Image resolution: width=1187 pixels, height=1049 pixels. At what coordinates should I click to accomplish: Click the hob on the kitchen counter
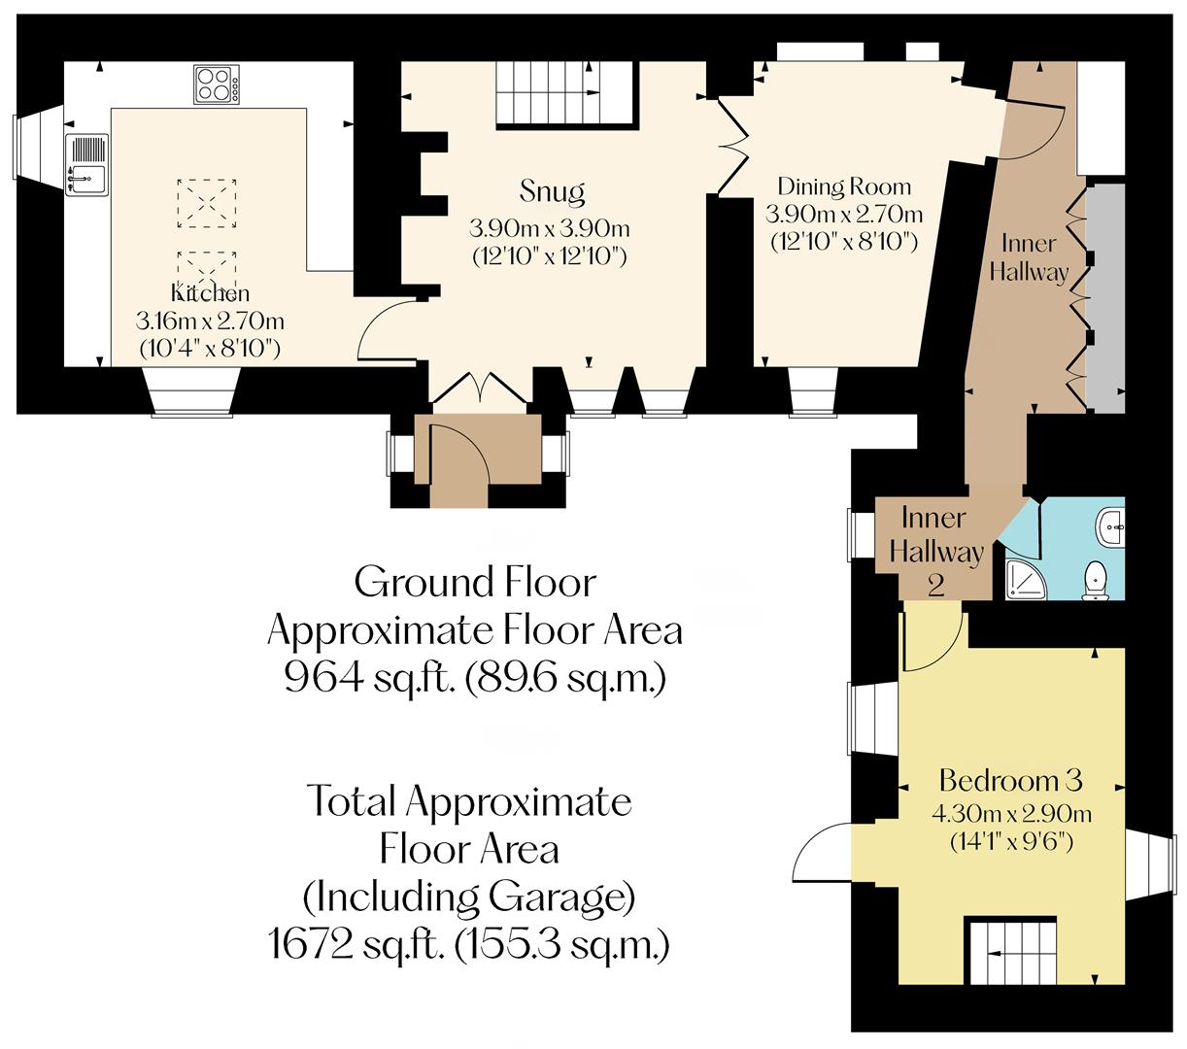pos(216,85)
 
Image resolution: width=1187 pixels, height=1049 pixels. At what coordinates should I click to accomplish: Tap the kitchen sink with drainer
pos(86,165)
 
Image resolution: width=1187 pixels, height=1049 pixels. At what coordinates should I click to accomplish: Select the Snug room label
pos(552,191)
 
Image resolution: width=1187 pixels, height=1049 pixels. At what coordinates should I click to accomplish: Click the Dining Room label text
pos(844,186)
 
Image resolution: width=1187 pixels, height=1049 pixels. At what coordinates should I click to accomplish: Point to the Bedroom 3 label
pos(1010,780)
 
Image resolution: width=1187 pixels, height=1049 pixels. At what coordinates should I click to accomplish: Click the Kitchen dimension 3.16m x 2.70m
pos(211,320)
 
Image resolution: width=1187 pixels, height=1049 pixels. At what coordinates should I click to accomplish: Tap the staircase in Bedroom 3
pos(1010,952)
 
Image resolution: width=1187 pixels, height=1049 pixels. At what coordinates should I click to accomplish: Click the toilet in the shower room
pos(1096,581)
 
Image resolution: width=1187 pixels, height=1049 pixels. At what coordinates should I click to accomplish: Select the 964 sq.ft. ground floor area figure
pos(474,678)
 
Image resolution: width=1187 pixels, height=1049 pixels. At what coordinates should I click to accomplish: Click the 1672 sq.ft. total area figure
pos(468,943)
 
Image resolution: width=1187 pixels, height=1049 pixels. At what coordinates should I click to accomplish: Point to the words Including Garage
pos(469,897)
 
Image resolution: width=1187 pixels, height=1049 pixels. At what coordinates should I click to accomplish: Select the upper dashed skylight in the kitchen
pos(207,203)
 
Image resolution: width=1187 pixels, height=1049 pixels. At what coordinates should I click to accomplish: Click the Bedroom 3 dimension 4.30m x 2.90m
pos(1010,814)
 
